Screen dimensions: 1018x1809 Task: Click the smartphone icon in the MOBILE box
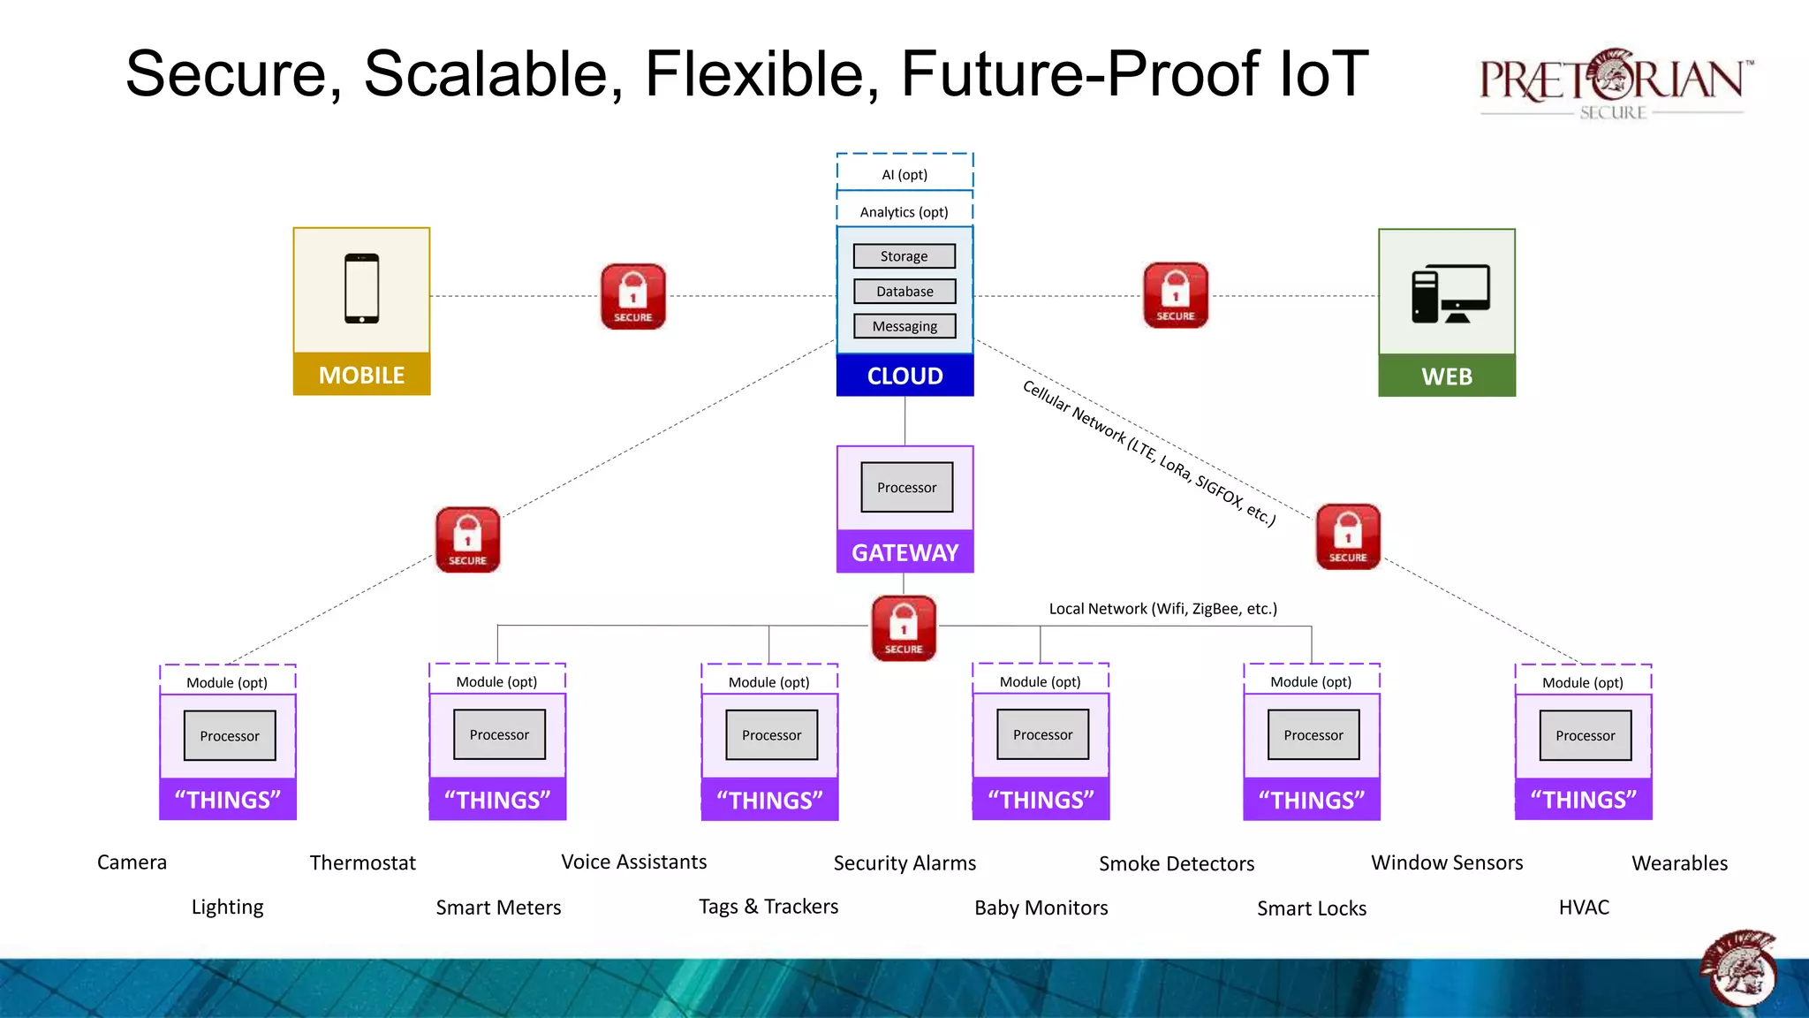(x=362, y=289)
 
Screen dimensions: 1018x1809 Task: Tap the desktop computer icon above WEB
(x=1449, y=293)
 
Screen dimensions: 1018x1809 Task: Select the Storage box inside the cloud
(x=904, y=256)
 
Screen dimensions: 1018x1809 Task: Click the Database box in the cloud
(x=904, y=292)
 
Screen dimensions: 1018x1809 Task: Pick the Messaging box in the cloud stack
(x=904, y=326)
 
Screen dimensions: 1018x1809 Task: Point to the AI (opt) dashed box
(x=904, y=174)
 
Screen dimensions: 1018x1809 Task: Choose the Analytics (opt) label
(x=904, y=212)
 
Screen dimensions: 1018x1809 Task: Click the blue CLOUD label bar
(x=904, y=376)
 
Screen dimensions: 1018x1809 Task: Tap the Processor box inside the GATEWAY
(x=907, y=488)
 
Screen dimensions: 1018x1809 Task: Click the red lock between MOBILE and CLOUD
(x=633, y=296)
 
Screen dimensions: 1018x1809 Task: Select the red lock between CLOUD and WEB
(x=1176, y=295)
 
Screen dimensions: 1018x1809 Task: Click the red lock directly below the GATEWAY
(x=904, y=628)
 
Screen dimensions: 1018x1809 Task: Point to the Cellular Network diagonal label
(x=1148, y=453)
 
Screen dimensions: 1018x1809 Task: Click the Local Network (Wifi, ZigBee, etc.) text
(x=1162, y=609)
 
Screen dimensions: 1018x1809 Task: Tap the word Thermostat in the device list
(x=362, y=862)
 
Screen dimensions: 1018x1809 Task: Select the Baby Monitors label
(x=1041, y=908)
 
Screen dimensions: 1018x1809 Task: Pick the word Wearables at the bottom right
(x=1679, y=863)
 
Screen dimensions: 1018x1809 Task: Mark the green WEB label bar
(x=1447, y=376)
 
